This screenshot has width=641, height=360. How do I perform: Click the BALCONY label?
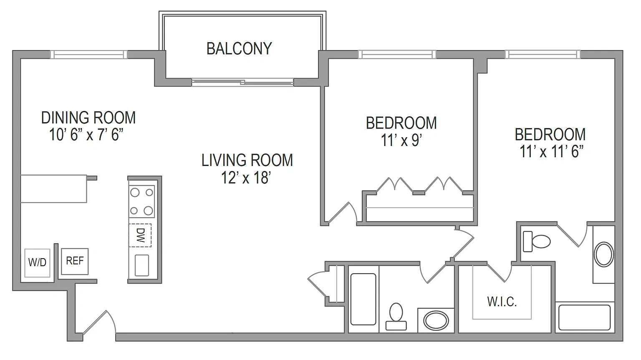point(239,49)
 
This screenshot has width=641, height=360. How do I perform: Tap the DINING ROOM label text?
point(88,118)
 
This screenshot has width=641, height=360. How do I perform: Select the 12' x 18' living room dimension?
point(246,178)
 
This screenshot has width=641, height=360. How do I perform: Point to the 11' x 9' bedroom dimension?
point(401,140)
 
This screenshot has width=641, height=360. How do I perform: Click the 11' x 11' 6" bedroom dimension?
point(551,151)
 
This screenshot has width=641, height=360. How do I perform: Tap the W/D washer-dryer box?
point(37,263)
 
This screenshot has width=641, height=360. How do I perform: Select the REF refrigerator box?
point(75,261)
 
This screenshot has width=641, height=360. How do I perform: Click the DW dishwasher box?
point(140,235)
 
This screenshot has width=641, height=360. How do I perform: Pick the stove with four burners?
point(141,201)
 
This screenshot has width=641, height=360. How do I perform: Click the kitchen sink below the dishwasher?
point(141,265)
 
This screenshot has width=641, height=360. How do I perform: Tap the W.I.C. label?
point(502,302)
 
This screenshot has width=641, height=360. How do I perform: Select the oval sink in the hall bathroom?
point(436,320)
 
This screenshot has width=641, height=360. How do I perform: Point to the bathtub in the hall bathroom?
point(363,300)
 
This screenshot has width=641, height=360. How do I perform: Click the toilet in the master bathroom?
point(537,242)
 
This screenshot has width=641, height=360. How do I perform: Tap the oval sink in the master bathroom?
point(604,254)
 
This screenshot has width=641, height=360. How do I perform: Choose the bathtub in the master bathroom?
point(584,317)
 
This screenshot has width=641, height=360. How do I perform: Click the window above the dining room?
point(89,55)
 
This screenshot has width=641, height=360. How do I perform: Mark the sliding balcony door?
point(242,82)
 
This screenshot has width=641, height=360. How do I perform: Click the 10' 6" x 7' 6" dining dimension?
point(86,135)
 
